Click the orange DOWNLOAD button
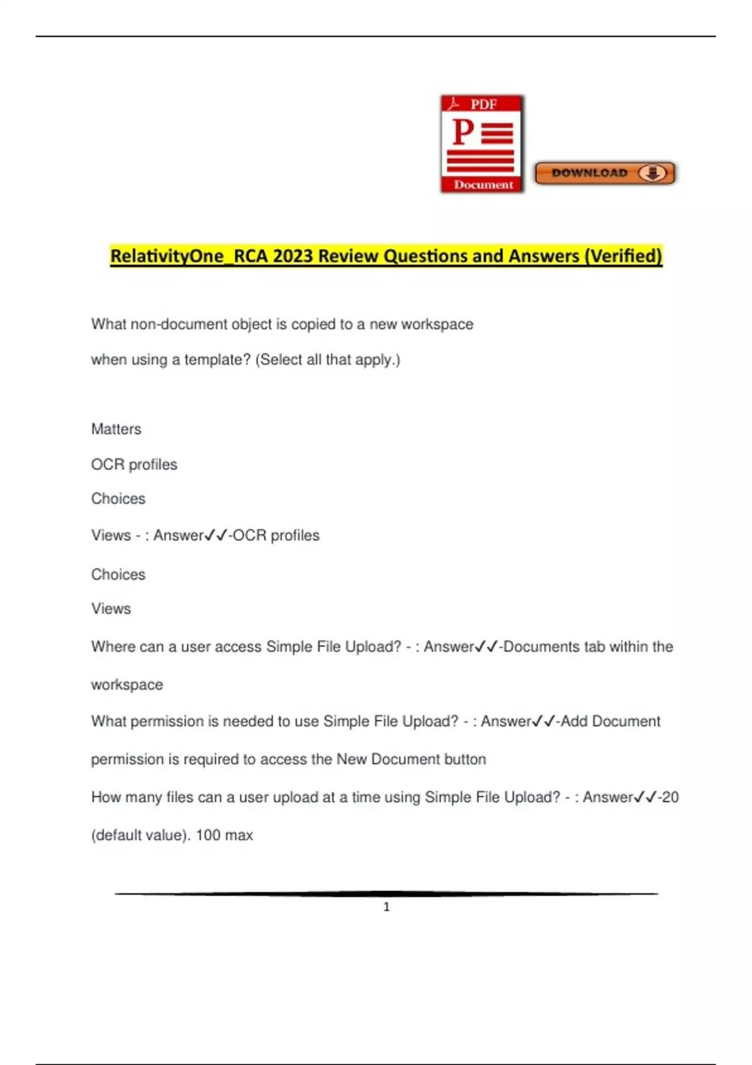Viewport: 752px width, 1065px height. [x=605, y=173]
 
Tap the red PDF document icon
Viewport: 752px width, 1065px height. [x=482, y=144]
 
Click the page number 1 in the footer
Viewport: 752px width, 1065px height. [x=387, y=907]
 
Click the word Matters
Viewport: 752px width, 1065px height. [x=116, y=429]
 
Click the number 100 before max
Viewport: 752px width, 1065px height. [x=208, y=835]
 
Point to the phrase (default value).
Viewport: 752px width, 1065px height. [x=140, y=835]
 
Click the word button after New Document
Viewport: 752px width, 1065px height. [x=465, y=759]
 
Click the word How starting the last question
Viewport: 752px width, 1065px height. [x=106, y=797]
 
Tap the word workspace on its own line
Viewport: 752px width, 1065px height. [x=127, y=685]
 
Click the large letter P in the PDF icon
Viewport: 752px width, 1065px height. [x=462, y=132]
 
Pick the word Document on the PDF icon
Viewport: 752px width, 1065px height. [x=483, y=185]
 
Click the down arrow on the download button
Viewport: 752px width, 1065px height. [x=652, y=173]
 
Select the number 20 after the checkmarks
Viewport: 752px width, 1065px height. [x=671, y=797]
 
